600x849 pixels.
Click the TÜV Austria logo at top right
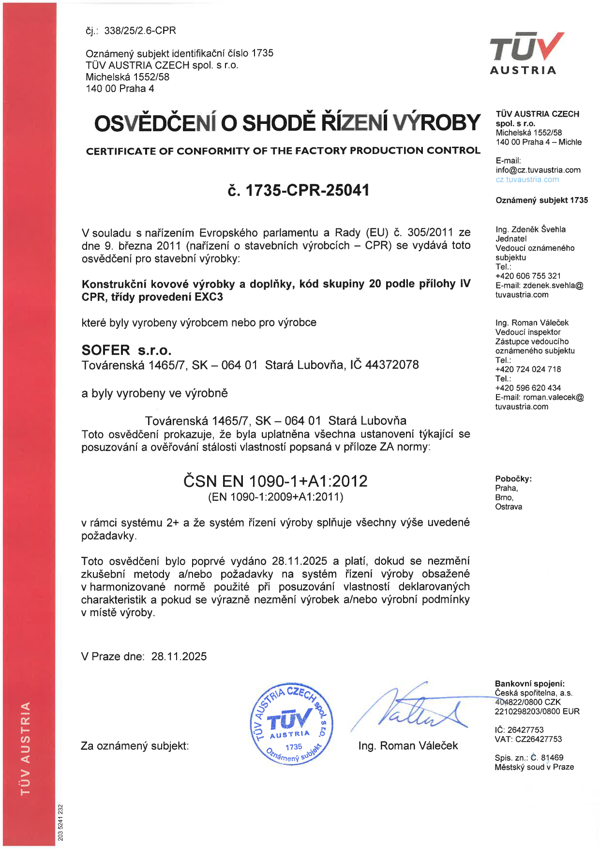tap(525, 53)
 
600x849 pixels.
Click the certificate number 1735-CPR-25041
tap(298, 190)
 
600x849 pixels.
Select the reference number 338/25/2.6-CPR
tap(140, 30)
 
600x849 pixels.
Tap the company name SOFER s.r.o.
tap(126, 350)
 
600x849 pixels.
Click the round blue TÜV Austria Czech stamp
tap(292, 724)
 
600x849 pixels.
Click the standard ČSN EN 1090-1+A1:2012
tap(275, 481)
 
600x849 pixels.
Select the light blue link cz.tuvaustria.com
tap(527, 180)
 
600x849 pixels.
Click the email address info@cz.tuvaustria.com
tap(538, 170)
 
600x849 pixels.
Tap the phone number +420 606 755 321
tap(528, 276)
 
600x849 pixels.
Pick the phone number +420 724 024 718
tap(528, 369)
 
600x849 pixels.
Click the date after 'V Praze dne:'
tap(179, 656)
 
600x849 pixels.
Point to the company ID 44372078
tap(392, 364)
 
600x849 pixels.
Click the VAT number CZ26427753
tap(536, 739)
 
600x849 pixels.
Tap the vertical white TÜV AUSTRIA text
tap(26, 748)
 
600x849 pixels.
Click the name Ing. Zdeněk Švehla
tap(530, 229)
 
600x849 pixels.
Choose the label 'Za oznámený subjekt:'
tap(135, 746)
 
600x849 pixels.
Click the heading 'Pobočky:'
tap(513, 479)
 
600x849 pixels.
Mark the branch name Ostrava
tap(508, 507)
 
